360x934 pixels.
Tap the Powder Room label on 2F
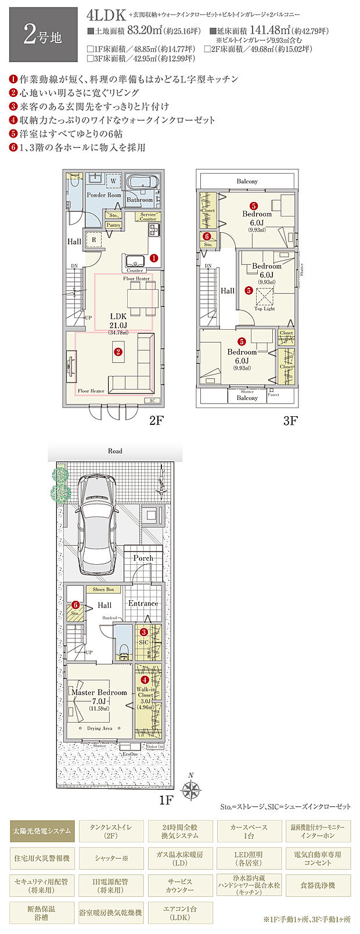click(104, 195)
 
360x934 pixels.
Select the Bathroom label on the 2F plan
click(139, 200)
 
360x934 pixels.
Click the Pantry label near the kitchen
click(114, 225)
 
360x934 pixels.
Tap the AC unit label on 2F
click(153, 401)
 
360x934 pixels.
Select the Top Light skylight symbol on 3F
click(265, 298)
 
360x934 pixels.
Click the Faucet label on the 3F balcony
click(273, 395)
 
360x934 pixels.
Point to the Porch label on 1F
click(143, 558)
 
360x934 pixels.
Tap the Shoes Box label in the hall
click(103, 589)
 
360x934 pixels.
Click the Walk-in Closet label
click(145, 694)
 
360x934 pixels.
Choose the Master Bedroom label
click(99, 693)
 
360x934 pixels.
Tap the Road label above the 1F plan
click(115, 451)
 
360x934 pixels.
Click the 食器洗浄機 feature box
click(318, 885)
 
